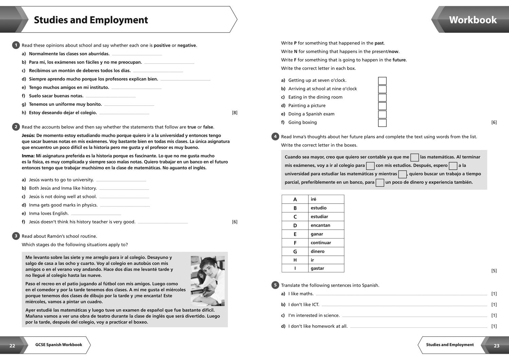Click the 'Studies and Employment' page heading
point(91,20)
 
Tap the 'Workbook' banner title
point(473,20)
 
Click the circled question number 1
point(16,45)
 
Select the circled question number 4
point(275,136)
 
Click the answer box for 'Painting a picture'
point(382,106)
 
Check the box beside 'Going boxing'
point(382,123)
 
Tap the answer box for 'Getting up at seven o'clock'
point(382,81)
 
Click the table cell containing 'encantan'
point(326,225)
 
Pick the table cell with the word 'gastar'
point(326,268)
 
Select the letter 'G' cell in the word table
point(295,251)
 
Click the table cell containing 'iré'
point(326,199)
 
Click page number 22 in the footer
point(12,346)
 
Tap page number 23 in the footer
point(496,346)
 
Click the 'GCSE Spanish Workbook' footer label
point(59,345)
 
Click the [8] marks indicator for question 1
point(234,113)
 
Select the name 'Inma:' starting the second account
point(28,156)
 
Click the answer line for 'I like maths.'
point(401,294)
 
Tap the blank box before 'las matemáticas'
point(414,157)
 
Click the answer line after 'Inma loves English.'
point(96,214)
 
